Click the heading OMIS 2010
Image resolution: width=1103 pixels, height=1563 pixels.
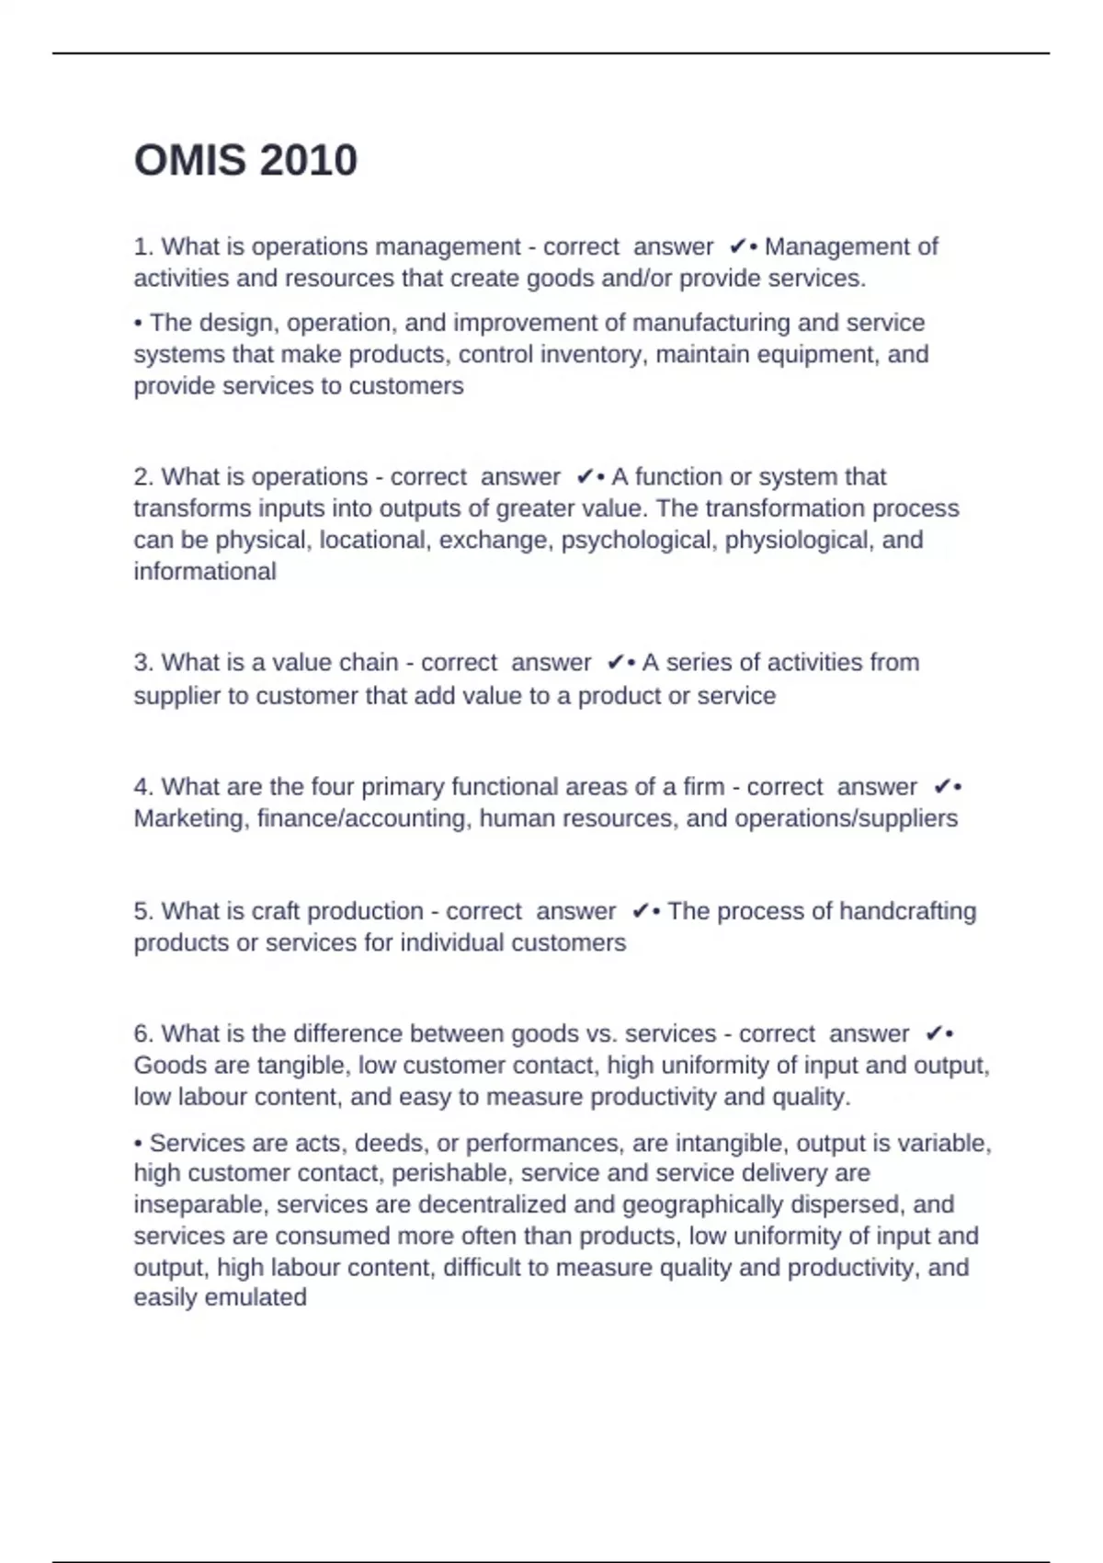tap(245, 161)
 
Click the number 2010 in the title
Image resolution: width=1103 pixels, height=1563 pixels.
tap(308, 161)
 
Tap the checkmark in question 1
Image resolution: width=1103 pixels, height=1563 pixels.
tap(737, 246)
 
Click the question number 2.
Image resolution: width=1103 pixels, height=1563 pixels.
tap(142, 476)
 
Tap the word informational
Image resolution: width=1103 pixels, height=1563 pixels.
tap(205, 571)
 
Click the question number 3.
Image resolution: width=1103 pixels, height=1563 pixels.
tap(142, 662)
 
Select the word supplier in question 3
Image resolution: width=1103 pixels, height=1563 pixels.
tap(178, 696)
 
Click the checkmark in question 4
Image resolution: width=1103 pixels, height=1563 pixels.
tap(941, 787)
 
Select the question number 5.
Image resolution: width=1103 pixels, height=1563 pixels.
tap(142, 911)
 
